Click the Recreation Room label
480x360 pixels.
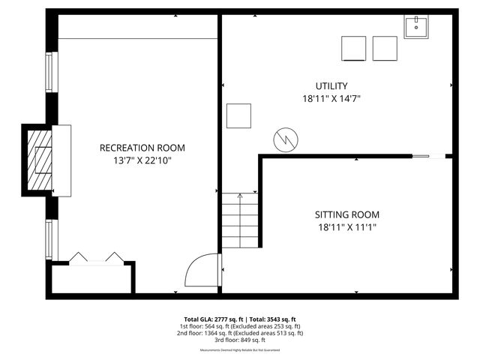[142, 148]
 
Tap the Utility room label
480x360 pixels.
[331, 86]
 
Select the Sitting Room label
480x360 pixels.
[346, 214]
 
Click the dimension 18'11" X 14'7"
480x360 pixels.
[331, 98]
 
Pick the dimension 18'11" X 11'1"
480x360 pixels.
[346, 226]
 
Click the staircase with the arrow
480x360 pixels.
[239, 220]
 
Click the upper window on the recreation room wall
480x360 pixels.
[50, 72]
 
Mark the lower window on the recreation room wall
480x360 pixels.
[50, 238]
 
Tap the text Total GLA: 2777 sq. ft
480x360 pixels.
[212, 319]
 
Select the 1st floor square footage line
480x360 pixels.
[240, 325]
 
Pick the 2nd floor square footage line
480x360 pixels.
[240, 332]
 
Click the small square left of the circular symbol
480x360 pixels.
[239, 115]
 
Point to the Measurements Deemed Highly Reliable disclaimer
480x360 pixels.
[240, 350]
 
